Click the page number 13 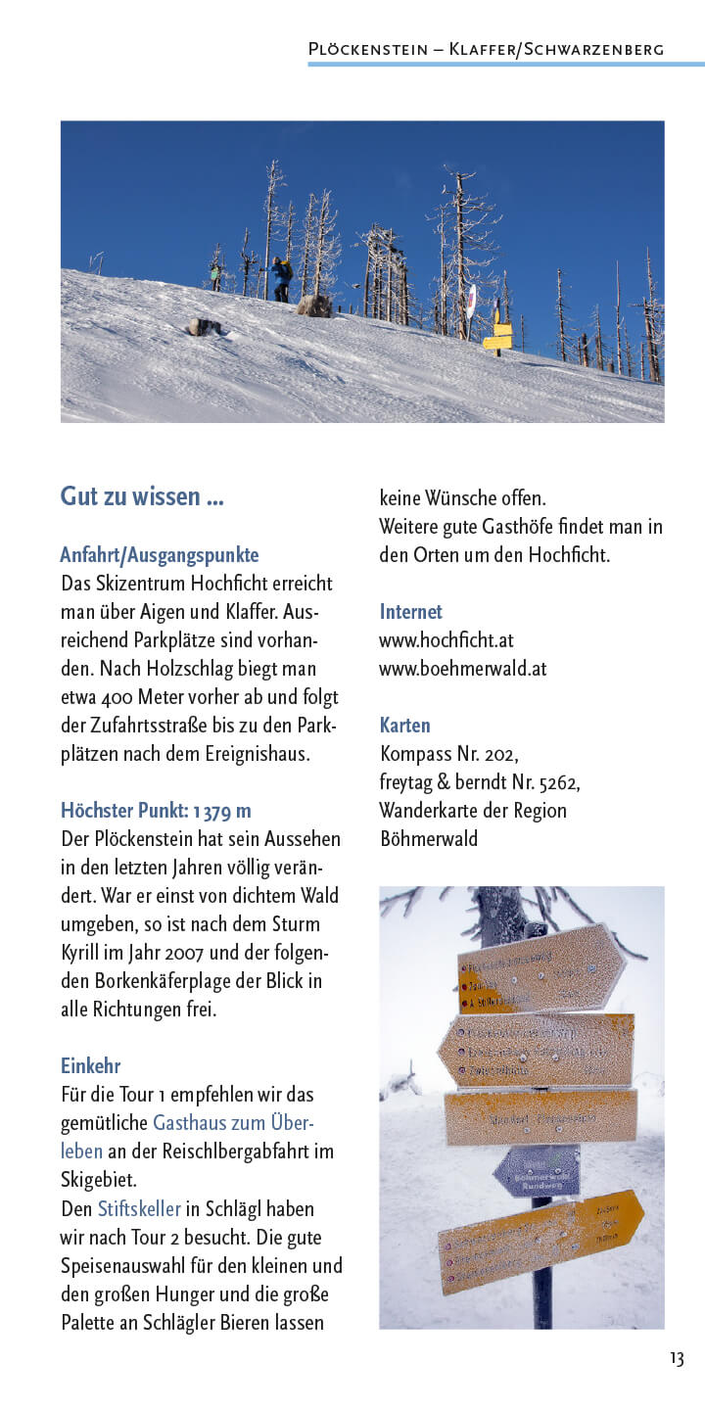click(677, 1358)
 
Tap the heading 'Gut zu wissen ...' click(142, 496)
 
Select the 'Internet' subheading click(410, 612)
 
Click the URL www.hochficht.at click(446, 640)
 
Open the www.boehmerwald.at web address click(462, 669)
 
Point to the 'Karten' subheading click(404, 726)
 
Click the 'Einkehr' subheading click(90, 1065)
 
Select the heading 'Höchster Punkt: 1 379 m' click(156, 811)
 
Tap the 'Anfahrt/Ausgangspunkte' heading click(159, 555)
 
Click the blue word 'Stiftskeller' click(139, 1209)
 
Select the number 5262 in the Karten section click(554, 782)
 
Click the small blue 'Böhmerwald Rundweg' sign click(537, 1171)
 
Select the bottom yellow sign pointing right click(540, 1240)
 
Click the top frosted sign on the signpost click(540, 968)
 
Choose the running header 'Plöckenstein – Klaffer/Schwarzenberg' click(486, 49)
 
